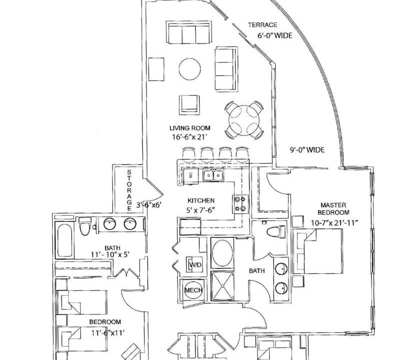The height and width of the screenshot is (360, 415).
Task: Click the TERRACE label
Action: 262,25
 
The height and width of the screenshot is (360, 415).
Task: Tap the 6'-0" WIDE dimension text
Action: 275,35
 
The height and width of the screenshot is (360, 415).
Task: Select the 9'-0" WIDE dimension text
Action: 307,150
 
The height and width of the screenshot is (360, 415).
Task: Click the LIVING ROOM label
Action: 190,128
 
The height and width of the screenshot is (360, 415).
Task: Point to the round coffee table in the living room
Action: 189,69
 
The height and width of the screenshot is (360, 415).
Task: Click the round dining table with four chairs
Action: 244,120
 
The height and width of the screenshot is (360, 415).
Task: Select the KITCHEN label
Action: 201,200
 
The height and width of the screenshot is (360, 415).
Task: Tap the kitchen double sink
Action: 213,175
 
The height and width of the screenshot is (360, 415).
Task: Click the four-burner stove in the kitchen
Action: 240,203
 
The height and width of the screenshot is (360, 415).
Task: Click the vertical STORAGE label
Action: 129,190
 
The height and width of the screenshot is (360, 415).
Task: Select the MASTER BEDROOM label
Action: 333,208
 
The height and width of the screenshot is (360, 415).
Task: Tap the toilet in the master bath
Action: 275,231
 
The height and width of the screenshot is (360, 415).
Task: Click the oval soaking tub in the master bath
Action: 222,253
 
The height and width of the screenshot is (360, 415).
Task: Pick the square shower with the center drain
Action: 222,286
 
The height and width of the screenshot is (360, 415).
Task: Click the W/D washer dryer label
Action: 195,264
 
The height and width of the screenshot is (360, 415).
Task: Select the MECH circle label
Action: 193,290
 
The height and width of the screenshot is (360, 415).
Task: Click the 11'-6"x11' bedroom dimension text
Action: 108,332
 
